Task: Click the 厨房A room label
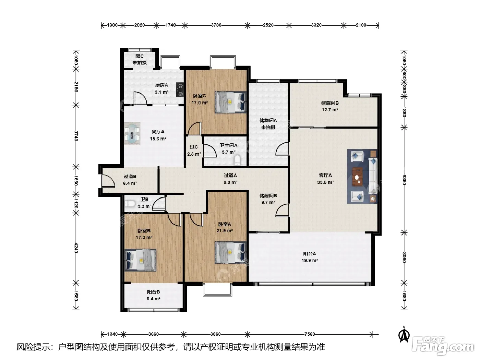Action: pos(161,85)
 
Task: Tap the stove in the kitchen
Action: pos(180,89)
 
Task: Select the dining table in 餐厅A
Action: pos(132,134)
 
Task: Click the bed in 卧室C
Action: pos(230,102)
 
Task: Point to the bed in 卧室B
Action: pos(140,260)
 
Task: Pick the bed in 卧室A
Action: pos(230,252)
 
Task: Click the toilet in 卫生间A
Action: pos(237,160)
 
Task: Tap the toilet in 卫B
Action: pos(130,204)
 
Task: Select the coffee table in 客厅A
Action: pos(357,177)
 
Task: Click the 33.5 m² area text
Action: pos(325,182)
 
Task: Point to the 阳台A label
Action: pos(310,254)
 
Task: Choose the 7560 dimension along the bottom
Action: pos(310,334)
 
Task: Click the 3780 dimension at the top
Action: pos(216,25)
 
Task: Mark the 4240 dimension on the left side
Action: pos(76,248)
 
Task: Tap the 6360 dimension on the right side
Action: pos(404,180)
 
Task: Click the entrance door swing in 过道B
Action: pos(108,181)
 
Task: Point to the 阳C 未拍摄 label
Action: pos(140,59)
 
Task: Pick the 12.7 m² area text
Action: pos(330,110)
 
